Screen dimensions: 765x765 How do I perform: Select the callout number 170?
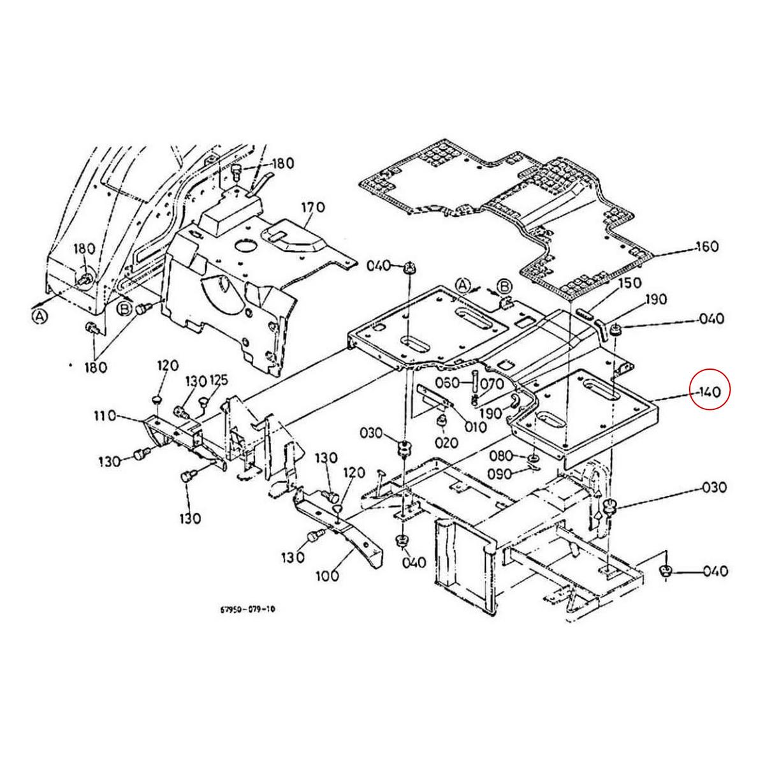click(313, 207)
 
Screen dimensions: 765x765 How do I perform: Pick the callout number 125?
click(218, 381)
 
